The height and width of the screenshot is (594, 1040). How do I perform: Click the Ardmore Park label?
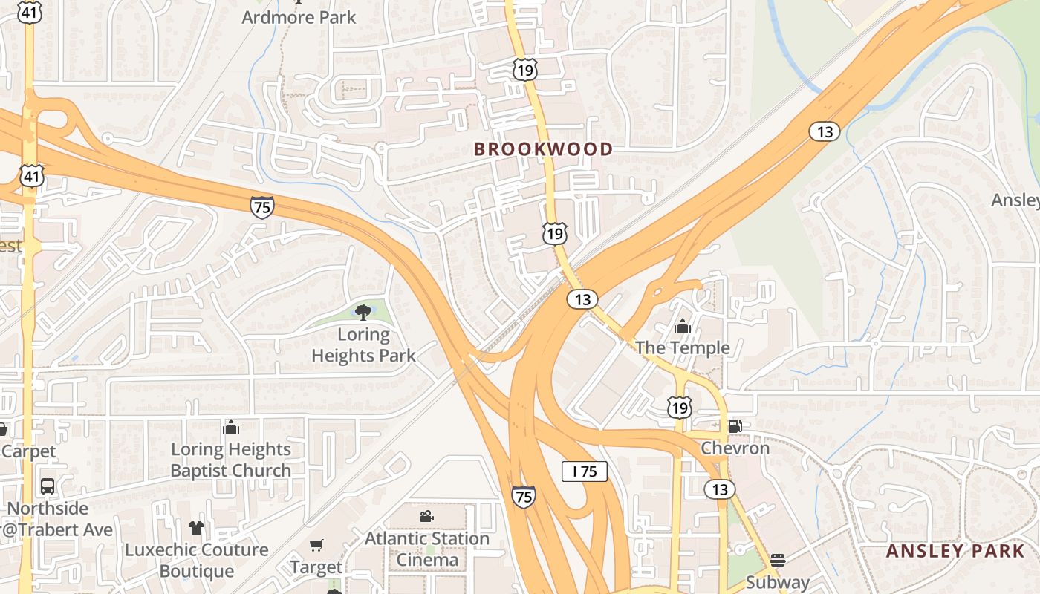click(x=299, y=17)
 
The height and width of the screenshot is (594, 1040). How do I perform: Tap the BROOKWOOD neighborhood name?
click(x=544, y=149)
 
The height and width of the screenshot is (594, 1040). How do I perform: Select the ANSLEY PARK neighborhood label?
click(x=955, y=551)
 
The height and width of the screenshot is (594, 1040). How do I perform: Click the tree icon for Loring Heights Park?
click(x=363, y=312)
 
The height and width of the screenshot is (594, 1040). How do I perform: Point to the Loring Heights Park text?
click(x=363, y=345)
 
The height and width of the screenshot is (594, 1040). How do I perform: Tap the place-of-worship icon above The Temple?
click(x=682, y=326)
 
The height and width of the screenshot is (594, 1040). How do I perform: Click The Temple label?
click(x=682, y=347)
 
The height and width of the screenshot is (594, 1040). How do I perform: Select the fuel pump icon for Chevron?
click(x=735, y=426)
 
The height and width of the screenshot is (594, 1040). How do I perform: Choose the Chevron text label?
click(x=735, y=448)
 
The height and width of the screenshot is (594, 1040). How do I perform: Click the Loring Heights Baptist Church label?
click(x=231, y=460)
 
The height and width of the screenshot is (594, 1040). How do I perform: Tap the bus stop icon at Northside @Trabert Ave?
click(x=48, y=486)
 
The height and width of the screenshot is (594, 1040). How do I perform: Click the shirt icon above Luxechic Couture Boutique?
click(x=196, y=528)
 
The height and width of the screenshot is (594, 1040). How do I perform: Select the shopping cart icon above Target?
click(x=316, y=546)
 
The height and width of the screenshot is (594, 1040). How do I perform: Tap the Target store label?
click(x=316, y=568)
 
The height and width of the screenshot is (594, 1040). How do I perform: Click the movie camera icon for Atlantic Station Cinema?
click(x=426, y=516)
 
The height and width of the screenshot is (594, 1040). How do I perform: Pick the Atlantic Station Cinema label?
click(x=427, y=549)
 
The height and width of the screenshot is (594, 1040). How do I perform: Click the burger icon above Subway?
click(x=777, y=560)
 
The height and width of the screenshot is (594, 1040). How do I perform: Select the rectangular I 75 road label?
click(x=584, y=471)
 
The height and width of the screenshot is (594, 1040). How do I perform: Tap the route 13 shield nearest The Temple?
click(x=582, y=299)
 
